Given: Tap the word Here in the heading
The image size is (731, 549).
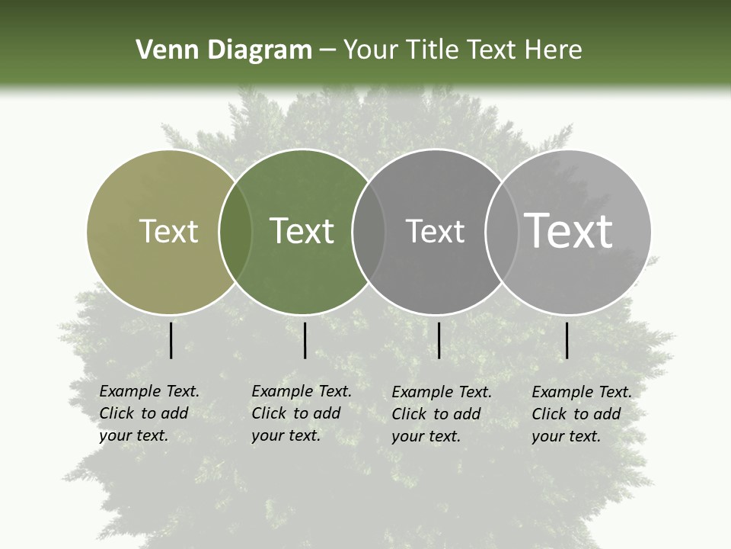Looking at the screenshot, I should (555, 50).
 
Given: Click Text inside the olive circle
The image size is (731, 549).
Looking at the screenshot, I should (168, 231).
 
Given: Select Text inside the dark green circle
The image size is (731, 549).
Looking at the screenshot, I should (302, 231).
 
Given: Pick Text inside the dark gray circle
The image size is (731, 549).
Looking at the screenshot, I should (435, 231).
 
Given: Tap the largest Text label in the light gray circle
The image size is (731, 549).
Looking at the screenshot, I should (569, 231).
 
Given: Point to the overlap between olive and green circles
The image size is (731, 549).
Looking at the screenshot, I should (235, 231).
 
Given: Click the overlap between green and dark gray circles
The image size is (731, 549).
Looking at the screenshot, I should (369, 231).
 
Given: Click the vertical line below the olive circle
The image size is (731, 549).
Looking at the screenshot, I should (171, 340).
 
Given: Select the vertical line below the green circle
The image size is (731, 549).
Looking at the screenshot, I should (305, 340).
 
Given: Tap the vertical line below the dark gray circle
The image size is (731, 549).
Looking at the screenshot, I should (439, 340).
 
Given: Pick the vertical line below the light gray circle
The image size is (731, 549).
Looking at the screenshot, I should (567, 340).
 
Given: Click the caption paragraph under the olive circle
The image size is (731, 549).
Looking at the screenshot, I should (149, 413).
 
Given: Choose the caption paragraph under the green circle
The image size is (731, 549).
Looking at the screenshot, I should (302, 413).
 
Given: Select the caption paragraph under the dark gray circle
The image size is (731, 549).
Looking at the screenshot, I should (442, 414).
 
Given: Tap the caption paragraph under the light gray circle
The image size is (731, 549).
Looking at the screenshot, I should (582, 414).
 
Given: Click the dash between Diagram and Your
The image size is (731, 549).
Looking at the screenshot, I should (327, 50).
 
